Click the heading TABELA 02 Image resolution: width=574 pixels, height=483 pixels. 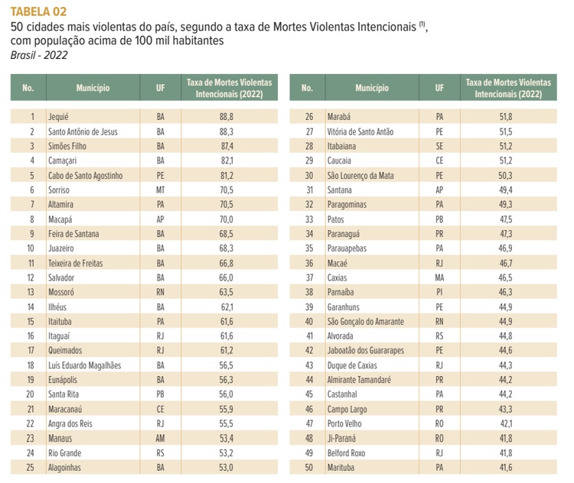38,11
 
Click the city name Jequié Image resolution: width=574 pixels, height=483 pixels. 58,117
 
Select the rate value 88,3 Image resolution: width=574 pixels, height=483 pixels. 226,131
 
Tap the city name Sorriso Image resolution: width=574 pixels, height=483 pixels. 59,190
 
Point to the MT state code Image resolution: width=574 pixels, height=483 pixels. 160,190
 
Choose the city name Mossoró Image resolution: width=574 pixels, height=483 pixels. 61,292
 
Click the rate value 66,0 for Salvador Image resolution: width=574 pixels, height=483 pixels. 226,277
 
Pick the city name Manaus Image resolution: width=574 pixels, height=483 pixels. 60,438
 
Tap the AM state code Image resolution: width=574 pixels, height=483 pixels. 160,438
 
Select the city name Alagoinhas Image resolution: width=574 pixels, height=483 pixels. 64,467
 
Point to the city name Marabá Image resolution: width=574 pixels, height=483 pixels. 338,117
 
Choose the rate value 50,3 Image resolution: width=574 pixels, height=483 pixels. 504,175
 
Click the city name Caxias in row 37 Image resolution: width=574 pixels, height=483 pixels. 338,277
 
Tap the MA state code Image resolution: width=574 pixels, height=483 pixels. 439,277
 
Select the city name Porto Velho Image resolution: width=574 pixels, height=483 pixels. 345,423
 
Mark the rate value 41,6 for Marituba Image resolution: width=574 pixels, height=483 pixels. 504,467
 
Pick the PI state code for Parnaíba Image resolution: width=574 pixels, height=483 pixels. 439,292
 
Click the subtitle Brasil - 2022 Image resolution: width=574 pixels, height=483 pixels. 38,55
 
